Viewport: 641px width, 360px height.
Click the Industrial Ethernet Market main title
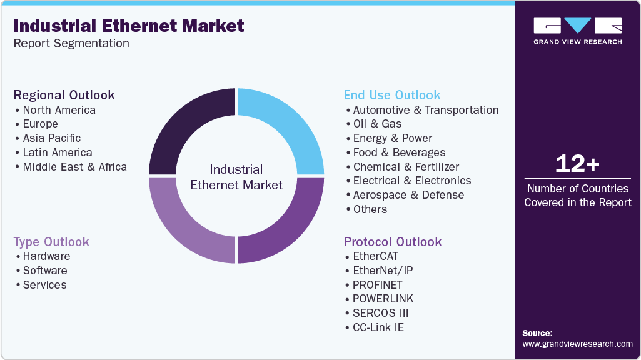[129, 26]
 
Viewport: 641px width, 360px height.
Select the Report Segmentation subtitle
[71, 43]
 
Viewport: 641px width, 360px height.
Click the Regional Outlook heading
[64, 95]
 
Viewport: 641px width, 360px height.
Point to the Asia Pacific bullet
[52, 138]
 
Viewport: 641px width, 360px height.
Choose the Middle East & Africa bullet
[74, 167]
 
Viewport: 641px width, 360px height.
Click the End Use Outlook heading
[392, 95]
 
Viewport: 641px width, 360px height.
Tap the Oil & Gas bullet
[377, 124]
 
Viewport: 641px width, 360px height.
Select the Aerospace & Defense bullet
[408, 195]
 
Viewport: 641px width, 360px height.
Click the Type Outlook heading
[51, 242]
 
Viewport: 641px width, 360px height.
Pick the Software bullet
[45, 271]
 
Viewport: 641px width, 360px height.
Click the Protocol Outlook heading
[393, 242]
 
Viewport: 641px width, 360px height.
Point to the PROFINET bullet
[378, 284]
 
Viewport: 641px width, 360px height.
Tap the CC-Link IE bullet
[378, 327]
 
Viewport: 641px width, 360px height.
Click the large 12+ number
[577, 164]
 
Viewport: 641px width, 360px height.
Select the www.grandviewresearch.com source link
[577, 344]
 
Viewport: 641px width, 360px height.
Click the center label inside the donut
[236, 177]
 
